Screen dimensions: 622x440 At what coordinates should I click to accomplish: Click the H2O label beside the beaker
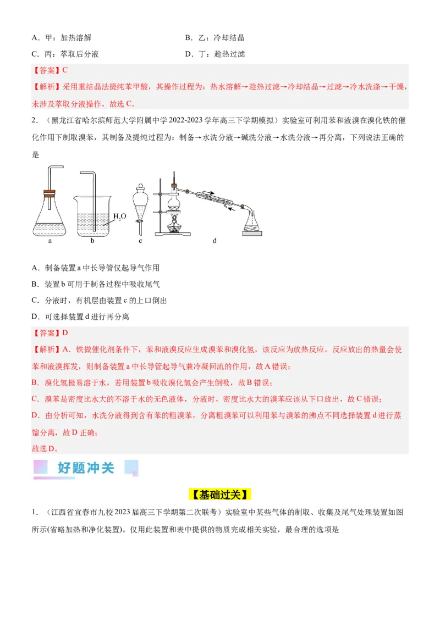[119, 216]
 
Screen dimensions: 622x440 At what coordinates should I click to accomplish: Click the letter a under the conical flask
[50, 240]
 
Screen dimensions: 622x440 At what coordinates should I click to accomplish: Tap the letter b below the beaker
[92, 240]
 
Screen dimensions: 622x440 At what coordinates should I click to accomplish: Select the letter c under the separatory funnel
[140, 240]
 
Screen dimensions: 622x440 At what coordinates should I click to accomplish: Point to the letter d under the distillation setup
[214, 240]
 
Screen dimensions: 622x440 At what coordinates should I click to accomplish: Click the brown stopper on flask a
[49, 193]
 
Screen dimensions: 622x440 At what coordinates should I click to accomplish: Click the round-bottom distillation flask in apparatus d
[175, 202]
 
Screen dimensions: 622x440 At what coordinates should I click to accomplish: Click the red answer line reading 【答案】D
[50, 333]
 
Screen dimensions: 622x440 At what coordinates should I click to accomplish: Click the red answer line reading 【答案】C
[50, 70]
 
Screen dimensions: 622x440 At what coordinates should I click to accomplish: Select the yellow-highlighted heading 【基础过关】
[220, 495]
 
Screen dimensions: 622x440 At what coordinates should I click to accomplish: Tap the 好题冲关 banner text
[86, 468]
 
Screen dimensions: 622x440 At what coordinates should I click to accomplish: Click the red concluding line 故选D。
[46, 448]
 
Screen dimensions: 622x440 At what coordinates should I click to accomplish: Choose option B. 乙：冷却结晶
[215, 38]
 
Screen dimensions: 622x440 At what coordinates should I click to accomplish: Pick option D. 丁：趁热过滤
[215, 54]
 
